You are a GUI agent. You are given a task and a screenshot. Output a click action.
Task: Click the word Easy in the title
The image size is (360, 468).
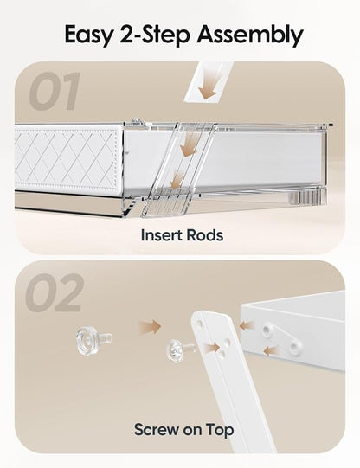coord(89,35)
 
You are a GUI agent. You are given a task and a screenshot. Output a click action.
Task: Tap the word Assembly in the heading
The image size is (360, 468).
coord(250,35)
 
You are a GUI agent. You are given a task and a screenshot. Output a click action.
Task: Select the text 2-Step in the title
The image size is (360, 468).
coord(155,35)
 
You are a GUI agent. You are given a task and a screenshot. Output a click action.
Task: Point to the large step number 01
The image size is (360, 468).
coord(55,92)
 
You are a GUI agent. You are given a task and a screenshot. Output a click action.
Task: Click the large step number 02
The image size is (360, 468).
coord(54,292)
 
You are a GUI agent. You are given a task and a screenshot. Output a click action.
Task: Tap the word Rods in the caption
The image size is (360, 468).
coord(205,235)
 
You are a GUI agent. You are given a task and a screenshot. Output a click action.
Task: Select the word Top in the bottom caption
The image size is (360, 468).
coord(220,429)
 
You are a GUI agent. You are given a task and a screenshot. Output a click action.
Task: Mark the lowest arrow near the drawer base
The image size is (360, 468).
coord(177,180)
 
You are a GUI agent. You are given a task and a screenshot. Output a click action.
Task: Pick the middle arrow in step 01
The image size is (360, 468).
coord(189,145)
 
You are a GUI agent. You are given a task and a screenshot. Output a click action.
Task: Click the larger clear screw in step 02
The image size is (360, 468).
coord(93,340)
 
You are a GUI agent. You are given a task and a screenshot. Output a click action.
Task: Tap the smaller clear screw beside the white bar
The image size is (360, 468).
coord(180,350)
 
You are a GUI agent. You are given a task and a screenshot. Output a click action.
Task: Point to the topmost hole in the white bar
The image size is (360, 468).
coord(200,324)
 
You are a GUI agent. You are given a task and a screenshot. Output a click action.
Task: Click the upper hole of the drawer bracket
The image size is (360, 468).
coord(267,330)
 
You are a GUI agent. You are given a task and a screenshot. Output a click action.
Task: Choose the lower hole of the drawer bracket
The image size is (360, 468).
coord(293,347)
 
